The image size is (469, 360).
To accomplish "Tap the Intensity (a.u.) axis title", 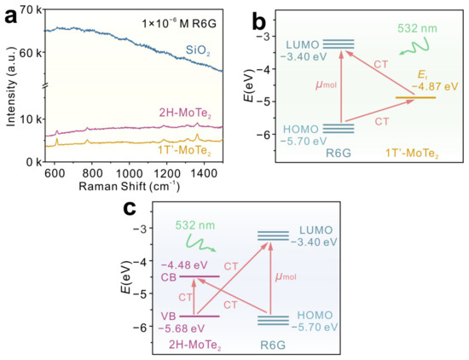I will [x=10, y=85].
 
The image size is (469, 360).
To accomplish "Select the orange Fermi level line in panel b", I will [x=415, y=97].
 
